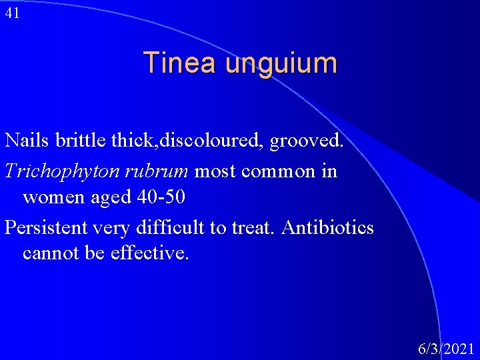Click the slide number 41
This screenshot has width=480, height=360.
click(x=12, y=13)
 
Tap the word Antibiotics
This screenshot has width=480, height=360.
click(x=327, y=227)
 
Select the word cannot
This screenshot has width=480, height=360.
click(x=49, y=254)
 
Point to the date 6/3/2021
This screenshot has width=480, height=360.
click(x=445, y=348)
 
